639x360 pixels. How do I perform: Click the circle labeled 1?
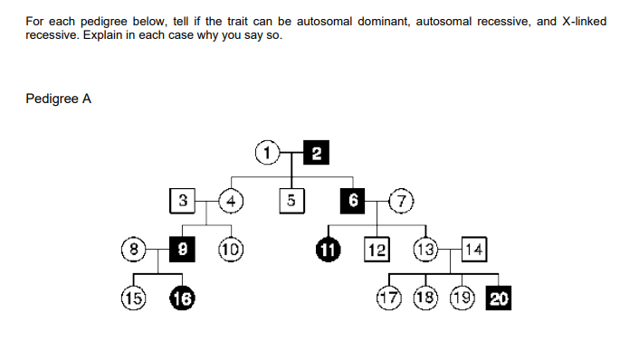267,151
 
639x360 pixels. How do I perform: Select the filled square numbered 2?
315,151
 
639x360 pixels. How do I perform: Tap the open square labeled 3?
183,200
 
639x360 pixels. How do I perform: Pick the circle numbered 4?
233,200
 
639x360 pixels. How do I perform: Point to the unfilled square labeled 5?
291,200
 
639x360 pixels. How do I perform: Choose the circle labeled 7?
398,200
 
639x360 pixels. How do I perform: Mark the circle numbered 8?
135,248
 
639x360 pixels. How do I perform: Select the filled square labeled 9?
184,248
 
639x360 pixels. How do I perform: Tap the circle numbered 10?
232,248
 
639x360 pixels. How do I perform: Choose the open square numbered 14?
474,248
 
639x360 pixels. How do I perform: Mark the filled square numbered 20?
498,298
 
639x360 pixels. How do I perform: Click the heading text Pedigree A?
58,99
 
